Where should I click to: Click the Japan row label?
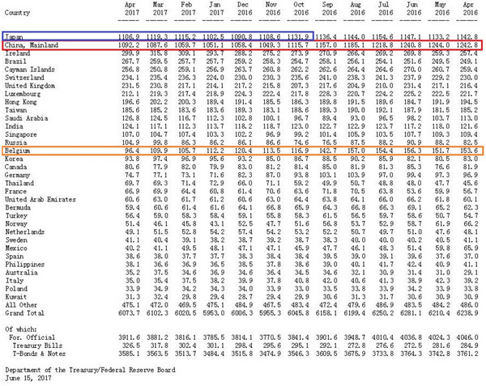14,37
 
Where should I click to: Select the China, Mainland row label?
29,45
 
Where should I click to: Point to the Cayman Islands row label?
28,68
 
